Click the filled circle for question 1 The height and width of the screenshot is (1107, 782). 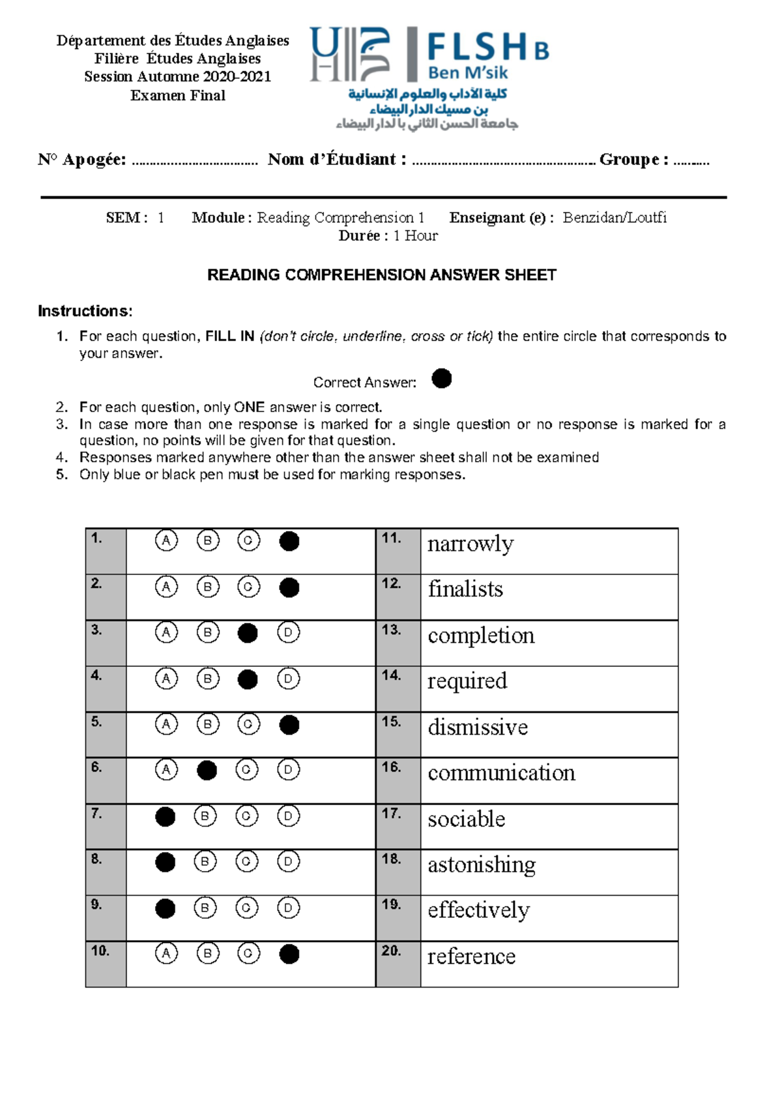pyautogui.click(x=289, y=541)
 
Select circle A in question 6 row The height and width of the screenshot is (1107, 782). pyautogui.click(x=166, y=770)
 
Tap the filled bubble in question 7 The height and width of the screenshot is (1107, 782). pyautogui.click(x=166, y=817)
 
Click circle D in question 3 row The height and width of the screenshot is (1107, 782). pyautogui.click(x=288, y=632)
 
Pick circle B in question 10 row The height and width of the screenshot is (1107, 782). pyautogui.click(x=208, y=954)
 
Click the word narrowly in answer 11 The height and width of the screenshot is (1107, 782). pyautogui.click(x=471, y=544)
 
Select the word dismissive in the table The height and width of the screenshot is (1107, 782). pyautogui.click(x=478, y=727)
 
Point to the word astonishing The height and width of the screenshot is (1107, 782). pyautogui.click(x=482, y=865)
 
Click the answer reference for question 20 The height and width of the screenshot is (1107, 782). pyautogui.click(x=471, y=956)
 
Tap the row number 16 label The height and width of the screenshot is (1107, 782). pyautogui.click(x=392, y=767)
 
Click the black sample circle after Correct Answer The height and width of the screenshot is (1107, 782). pyautogui.click(x=442, y=379)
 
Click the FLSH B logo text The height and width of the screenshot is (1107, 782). pyautogui.click(x=487, y=48)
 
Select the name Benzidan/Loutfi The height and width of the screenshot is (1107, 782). pyautogui.click(x=615, y=218)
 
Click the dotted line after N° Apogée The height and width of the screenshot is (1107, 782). pyautogui.click(x=194, y=162)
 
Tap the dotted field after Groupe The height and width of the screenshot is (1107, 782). pyautogui.click(x=691, y=162)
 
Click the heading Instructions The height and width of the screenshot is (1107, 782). pyautogui.click(x=85, y=311)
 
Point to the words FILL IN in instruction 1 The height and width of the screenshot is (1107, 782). pyautogui.click(x=229, y=336)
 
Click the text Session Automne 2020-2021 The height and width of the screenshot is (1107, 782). pyautogui.click(x=177, y=77)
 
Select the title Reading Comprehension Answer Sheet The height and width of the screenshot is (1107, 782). pyautogui.click(x=381, y=275)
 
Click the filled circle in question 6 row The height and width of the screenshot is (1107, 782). pyautogui.click(x=207, y=771)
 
